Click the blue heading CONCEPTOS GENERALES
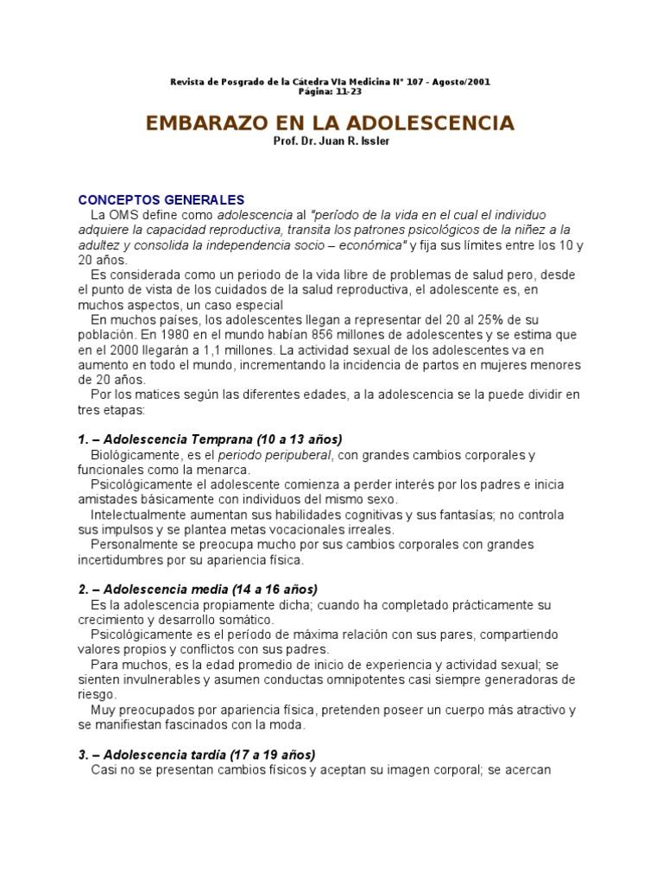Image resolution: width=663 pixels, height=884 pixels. tap(161, 199)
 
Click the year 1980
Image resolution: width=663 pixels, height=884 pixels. tap(163, 335)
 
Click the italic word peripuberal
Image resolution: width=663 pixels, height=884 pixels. tap(300, 455)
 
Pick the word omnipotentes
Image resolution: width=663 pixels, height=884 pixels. tap(393, 679)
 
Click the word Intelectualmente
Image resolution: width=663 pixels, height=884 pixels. tap(141, 515)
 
